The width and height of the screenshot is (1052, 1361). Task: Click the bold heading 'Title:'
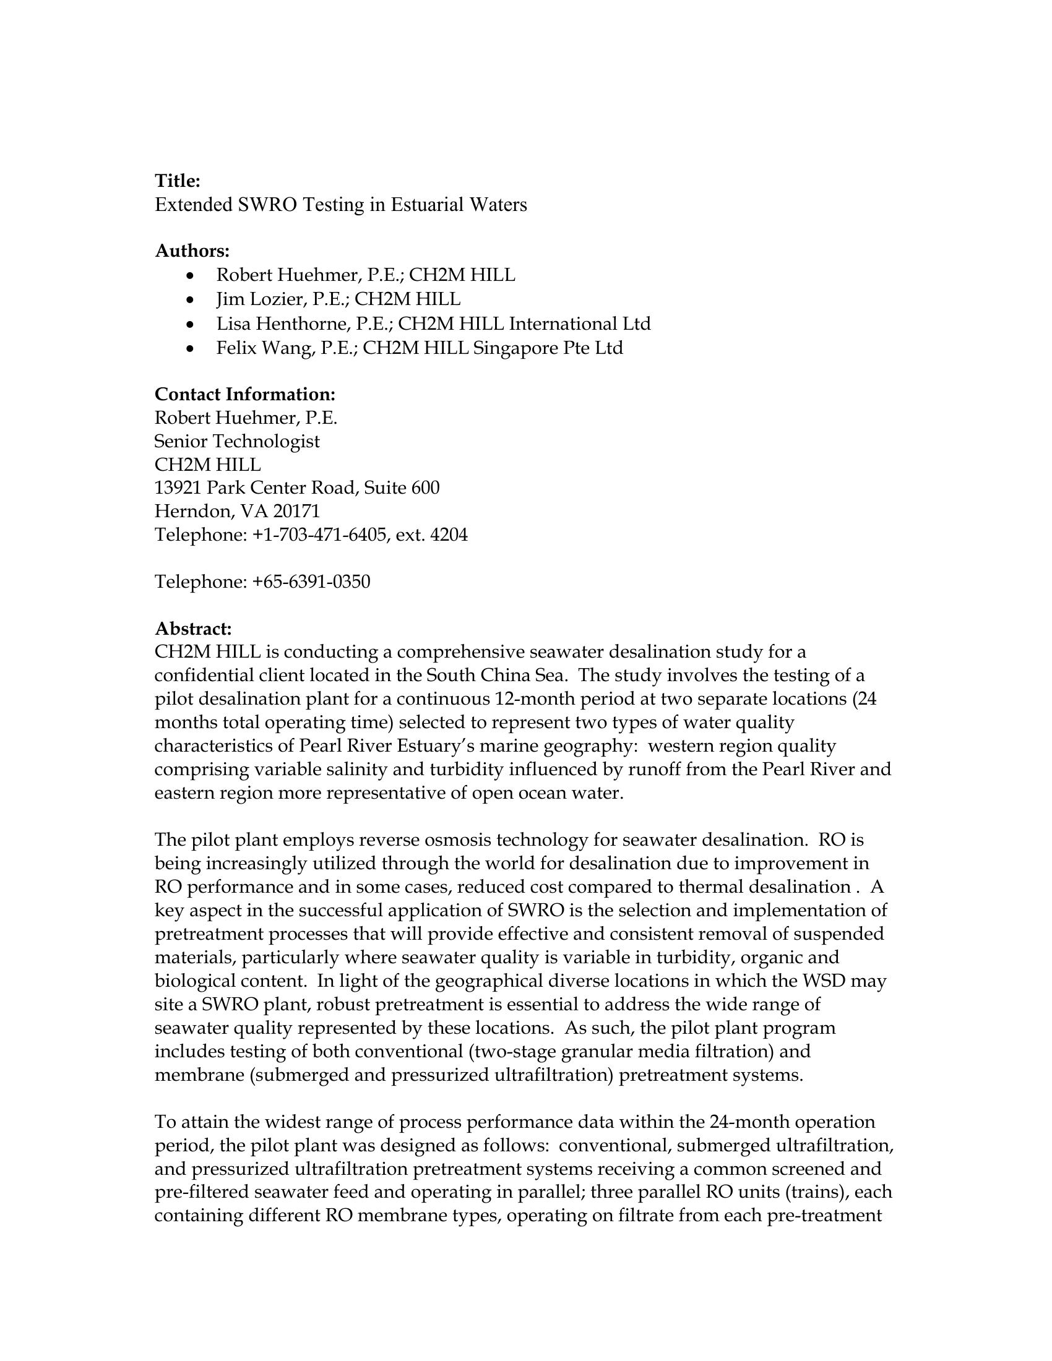click(x=177, y=181)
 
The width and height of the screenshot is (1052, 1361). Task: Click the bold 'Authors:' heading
click(x=192, y=251)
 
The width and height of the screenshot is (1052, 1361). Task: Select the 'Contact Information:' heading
click(x=245, y=395)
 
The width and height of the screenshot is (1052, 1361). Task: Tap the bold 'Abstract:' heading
click(x=192, y=628)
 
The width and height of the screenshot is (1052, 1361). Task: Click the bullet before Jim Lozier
click(x=191, y=301)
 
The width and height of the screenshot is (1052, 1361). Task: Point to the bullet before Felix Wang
click(x=191, y=349)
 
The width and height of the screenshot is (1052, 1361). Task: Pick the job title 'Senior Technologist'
click(x=237, y=441)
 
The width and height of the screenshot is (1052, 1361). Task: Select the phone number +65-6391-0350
click(x=311, y=582)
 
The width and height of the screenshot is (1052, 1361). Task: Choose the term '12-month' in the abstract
click(x=534, y=699)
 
